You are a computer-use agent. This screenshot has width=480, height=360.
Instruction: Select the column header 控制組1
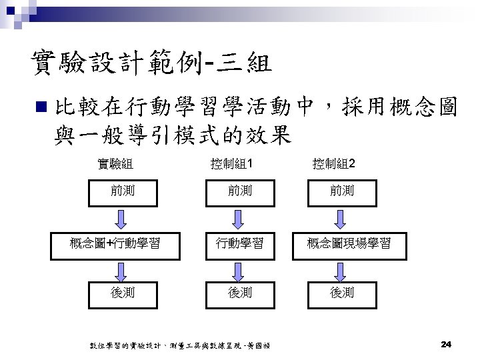(x=232, y=164)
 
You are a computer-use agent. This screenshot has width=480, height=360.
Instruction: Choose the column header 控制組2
(x=335, y=164)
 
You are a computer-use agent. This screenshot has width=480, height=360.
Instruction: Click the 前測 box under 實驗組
(x=123, y=191)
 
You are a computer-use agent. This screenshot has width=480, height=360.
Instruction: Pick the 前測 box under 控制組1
(x=235, y=191)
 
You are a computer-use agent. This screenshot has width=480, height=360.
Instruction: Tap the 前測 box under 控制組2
(x=342, y=191)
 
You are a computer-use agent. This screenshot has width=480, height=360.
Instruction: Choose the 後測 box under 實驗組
(x=123, y=292)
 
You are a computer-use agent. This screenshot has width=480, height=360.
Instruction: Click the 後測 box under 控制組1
(x=235, y=292)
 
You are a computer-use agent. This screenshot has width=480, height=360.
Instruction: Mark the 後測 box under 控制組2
(x=342, y=292)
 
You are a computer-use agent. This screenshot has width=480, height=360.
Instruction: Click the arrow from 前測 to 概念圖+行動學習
(x=123, y=218)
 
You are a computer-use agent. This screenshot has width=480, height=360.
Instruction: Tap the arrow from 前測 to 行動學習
(x=235, y=218)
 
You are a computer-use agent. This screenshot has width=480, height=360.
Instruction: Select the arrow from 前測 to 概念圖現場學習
(x=342, y=218)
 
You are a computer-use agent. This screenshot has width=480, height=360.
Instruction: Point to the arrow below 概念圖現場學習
(x=342, y=268)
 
